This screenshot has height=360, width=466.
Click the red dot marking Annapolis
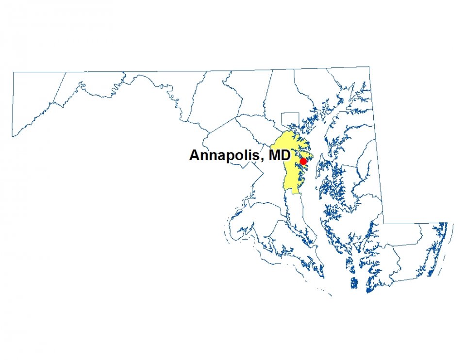[303, 161]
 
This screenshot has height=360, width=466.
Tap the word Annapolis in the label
[223, 156]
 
